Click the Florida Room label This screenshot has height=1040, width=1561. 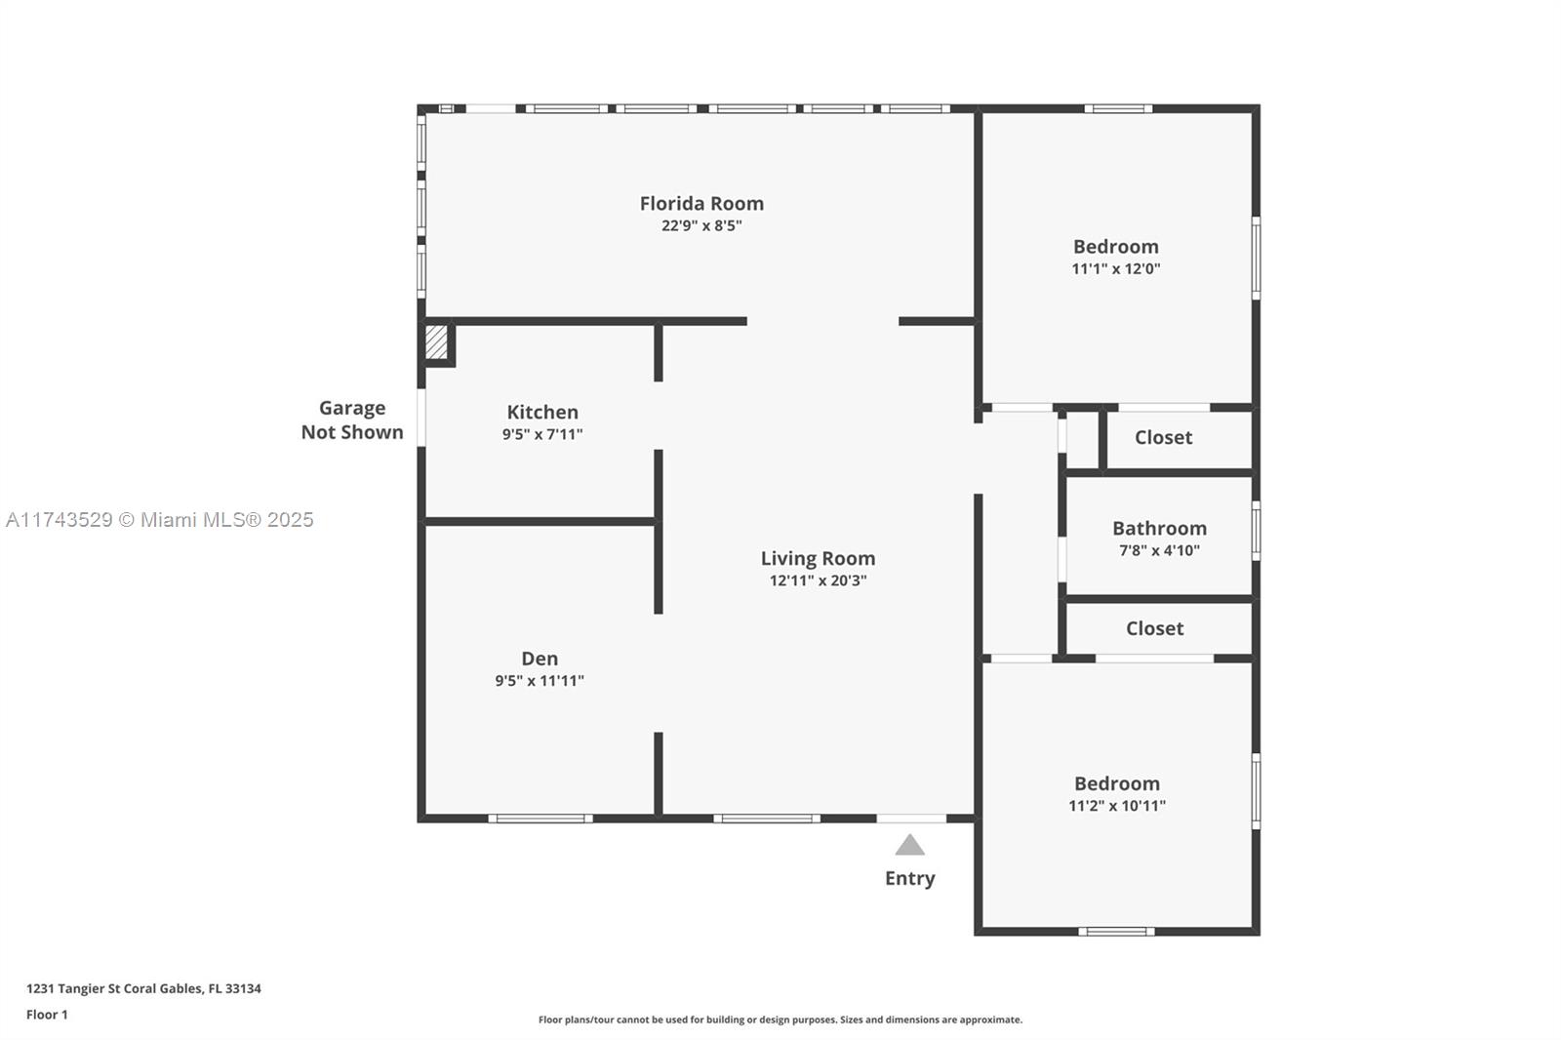tap(701, 204)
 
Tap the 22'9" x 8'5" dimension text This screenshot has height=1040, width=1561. tap(701, 225)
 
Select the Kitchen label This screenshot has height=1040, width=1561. tap(542, 412)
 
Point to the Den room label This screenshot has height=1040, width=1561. tap(540, 658)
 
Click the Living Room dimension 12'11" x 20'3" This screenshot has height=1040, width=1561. tap(819, 580)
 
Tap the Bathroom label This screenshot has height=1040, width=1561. tap(1160, 529)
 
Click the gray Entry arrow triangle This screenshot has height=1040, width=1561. tap(909, 846)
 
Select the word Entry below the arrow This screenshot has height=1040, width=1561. tap(910, 878)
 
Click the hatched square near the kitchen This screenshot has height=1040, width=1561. tap(436, 341)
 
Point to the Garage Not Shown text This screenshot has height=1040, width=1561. tap(352, 420)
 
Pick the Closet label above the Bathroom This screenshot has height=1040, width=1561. tap(1163, 437)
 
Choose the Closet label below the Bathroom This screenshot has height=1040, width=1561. tap(1155, 628)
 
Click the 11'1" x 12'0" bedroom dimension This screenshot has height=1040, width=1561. tap(1116, 268)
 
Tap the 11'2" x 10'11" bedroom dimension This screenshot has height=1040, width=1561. tap(1117, 806)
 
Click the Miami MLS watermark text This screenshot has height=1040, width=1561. tap(160, 519)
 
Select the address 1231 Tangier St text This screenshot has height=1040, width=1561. tap(143, 988)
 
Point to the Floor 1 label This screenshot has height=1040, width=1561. tap(48, 1015)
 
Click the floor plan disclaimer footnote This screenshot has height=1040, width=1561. tap(780, 1020)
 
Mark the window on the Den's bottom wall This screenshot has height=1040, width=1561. tap(540, 819)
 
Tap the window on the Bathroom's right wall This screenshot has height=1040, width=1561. tap(1256, 531)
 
